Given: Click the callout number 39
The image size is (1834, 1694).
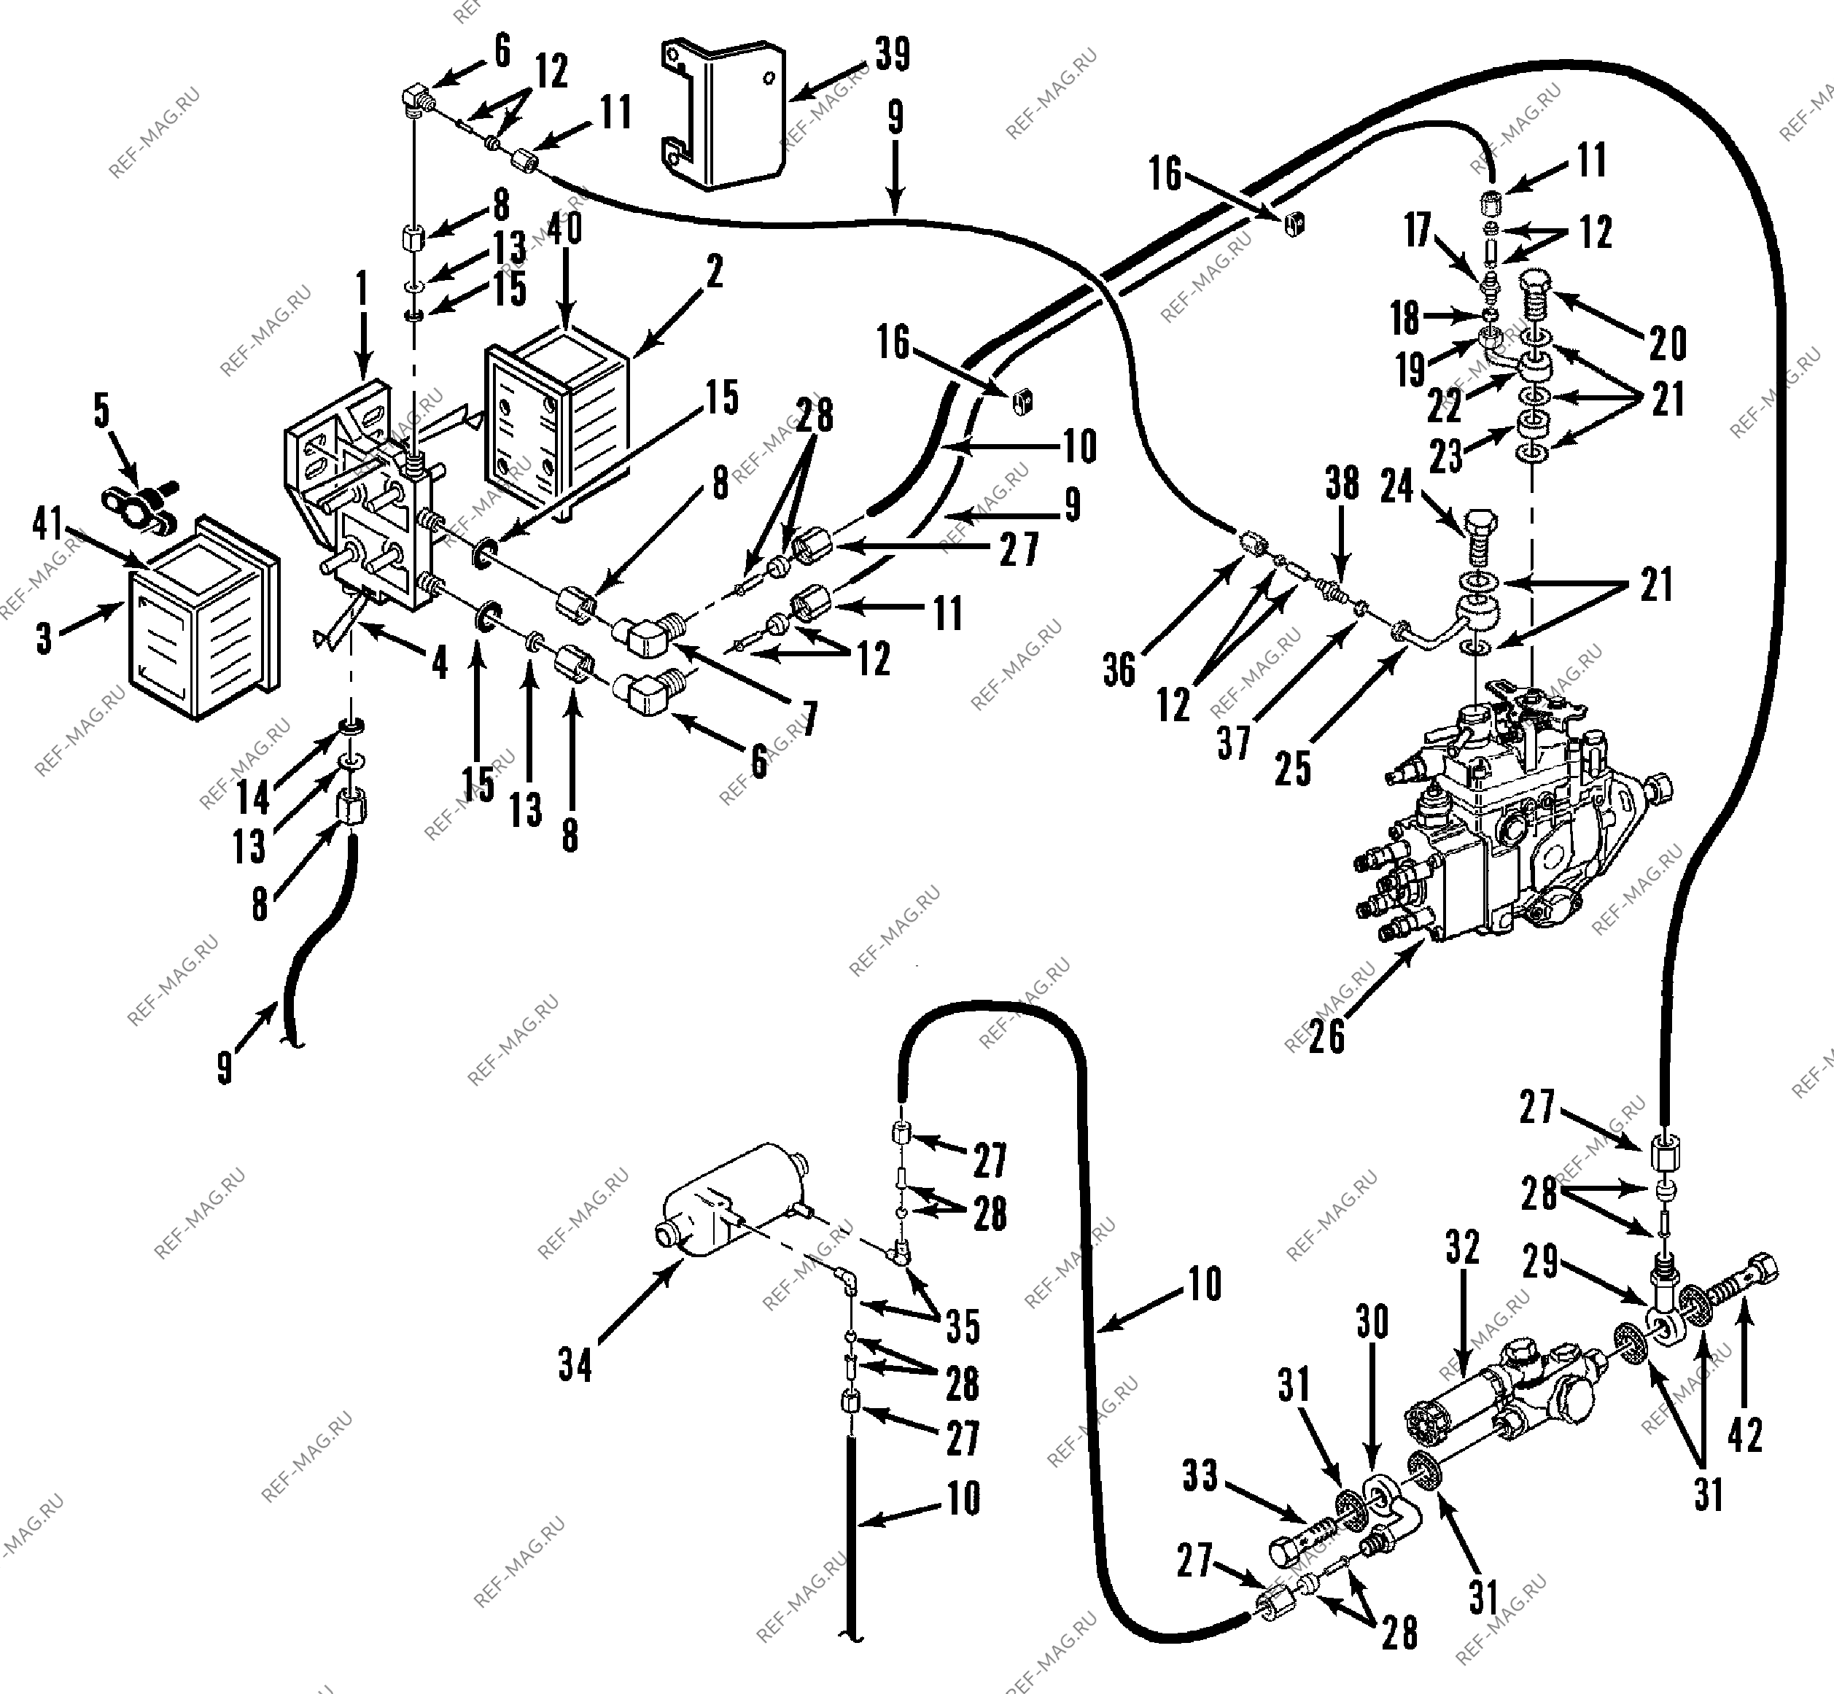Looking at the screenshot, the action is pyautogui.click(x=893, y=54).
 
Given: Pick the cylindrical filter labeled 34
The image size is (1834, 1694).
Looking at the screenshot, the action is pyautogui.click(x=733, y=1198).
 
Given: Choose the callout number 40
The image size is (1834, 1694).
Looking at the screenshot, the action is pyautogui.click(x=564, y=228).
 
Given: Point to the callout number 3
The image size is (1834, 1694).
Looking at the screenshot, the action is pyautogui.click(x=44, y=638).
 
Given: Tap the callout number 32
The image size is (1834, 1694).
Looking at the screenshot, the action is pyautogui.click(x=1462, y=1247).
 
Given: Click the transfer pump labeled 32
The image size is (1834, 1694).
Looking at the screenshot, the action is pyautogui.click(x=1508, y=1394).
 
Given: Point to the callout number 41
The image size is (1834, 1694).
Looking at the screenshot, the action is pyautogui.click(x=47, y=524).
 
